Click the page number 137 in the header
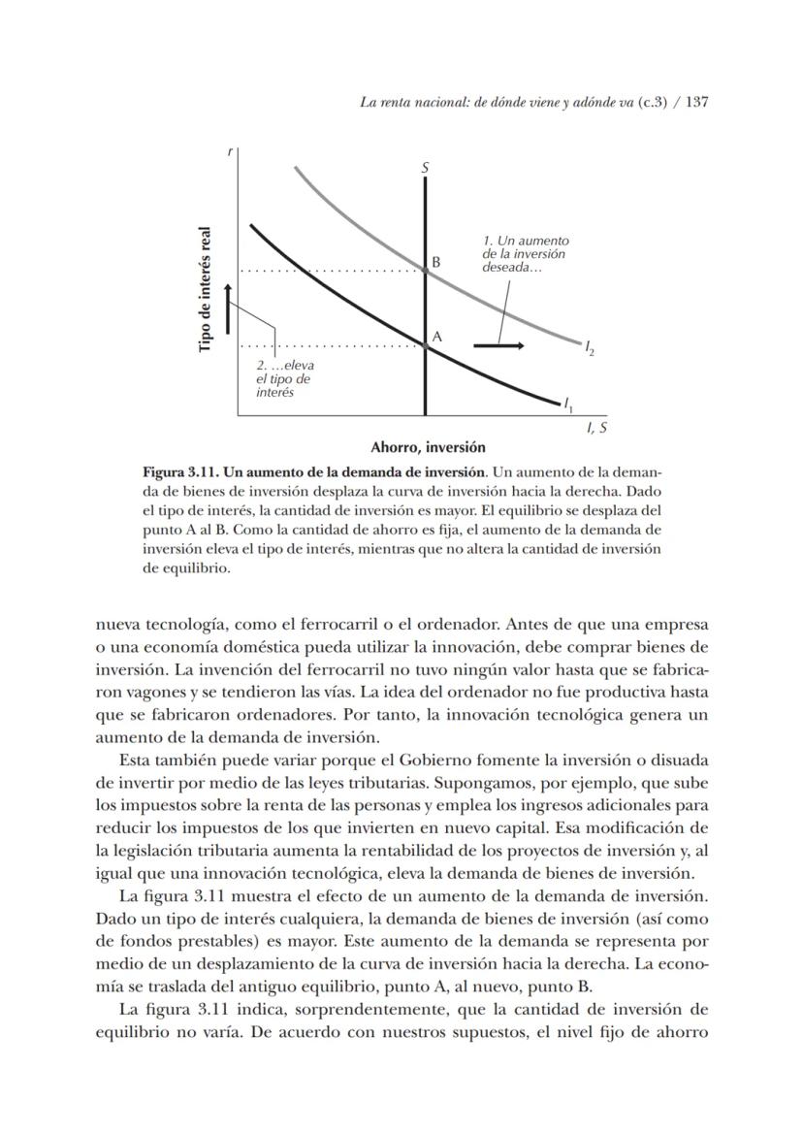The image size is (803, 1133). [698, 102]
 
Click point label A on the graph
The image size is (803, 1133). [436, 336]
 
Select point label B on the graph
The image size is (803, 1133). [436, 261]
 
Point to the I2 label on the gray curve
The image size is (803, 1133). [590, 347]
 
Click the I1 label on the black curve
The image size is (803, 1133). [568, 403]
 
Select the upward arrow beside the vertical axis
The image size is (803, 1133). [228, 308]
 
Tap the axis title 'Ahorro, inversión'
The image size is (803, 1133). [428, 447]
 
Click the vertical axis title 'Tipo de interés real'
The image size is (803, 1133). [206, 290]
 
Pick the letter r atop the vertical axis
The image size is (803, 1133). [230, 151]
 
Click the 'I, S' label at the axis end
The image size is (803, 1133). [597, 427]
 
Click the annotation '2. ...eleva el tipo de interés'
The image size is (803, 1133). [284, 379]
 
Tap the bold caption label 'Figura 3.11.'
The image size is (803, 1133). [182, 472]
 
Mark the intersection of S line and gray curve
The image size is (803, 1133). [426, 271]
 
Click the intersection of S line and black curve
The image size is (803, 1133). [426, 345]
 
